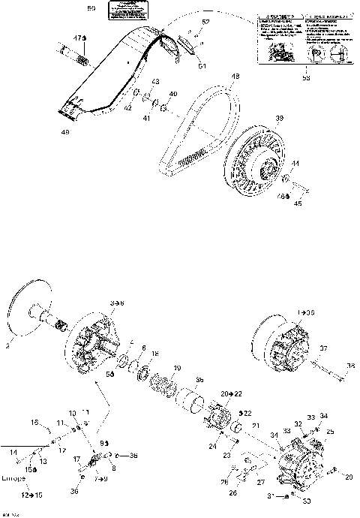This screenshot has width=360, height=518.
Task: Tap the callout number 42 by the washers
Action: click(127, 108)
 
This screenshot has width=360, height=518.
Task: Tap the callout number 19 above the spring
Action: click(178, 368)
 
